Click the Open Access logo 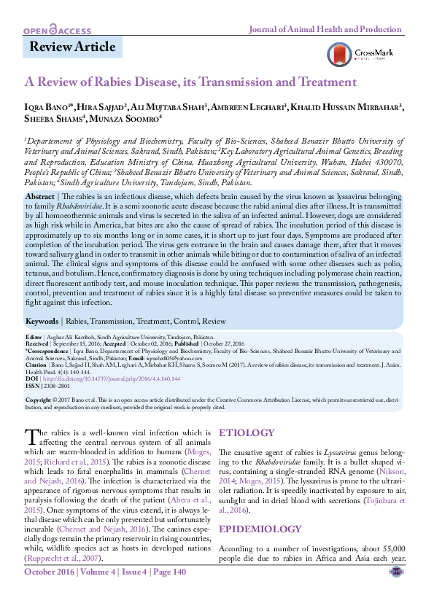pyautogui.click(x=57, y=31)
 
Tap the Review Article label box pyautogui.click(x=72, y=47)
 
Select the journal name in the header pyautogui.click(x=325, y=30)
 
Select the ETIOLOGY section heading pyautogui.click(x=247, y=433)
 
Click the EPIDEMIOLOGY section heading pyautogui.click(x=260, y=508)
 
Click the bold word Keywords pyautogui.click(x=42, y=321)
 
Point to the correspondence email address pyautogui.click(x=154, y=351)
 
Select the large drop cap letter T pyautogui.click(x=31, y=437)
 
